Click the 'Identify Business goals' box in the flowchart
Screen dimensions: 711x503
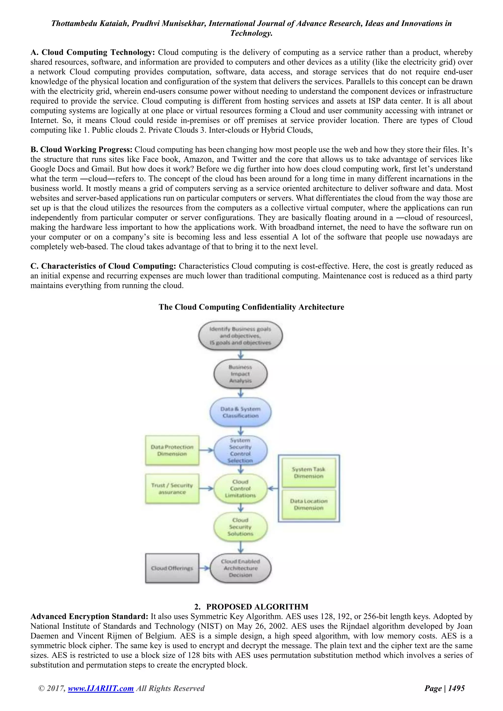[x=240, y=336]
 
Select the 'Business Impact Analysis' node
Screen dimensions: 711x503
[x=240, y=374]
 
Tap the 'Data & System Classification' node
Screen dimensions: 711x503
[x=240, y=412]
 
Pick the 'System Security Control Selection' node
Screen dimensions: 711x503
[x=240, y=450]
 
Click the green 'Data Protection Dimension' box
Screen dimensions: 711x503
[x=172, y=450]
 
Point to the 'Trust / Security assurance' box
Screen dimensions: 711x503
[x=172, y=489]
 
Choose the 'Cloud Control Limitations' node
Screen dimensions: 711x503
[x=240, y=489]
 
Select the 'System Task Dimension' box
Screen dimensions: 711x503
[x=308, y=473]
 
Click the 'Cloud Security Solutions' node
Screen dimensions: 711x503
[x=240, y=527]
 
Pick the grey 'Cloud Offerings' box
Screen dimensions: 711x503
[x=172, y=568]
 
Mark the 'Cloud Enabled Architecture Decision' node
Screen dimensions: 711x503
[x=240, y=568]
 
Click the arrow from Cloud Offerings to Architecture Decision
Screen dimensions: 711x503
[x=204, y=568]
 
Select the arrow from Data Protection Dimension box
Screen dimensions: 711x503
[x=206, y=450]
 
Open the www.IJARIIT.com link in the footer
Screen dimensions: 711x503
[x=101, y=688]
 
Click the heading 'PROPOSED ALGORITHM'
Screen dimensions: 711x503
[x=257, y=607]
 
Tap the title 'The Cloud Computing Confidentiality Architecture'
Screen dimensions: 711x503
[x=251, y=307]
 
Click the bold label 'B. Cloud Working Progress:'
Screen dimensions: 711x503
[x=81, y=150]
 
